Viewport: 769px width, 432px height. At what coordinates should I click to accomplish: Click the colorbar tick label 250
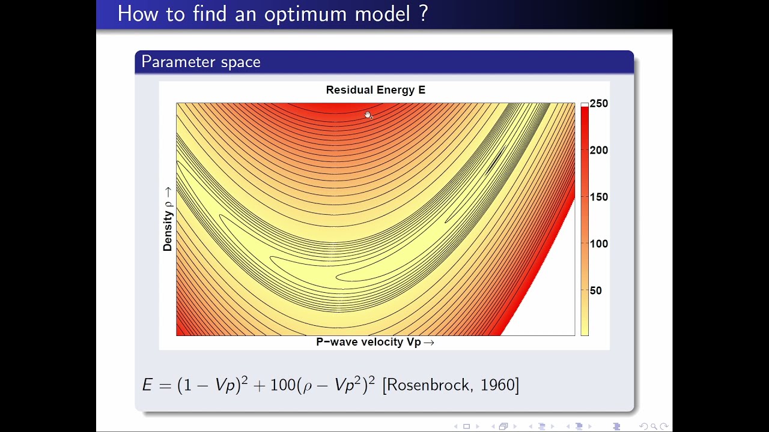[599, 104]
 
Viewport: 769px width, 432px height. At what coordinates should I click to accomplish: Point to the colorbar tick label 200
[599, 150]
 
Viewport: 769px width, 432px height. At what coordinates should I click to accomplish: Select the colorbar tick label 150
[599, 197]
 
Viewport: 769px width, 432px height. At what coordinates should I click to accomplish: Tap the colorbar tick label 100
[599, 244]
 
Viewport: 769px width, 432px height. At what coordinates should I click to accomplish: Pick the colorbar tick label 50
[595, 291]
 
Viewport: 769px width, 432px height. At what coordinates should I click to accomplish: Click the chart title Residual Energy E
[375, 90]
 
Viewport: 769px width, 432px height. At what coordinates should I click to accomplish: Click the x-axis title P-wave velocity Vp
[368, 342]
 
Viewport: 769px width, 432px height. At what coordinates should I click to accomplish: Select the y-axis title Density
[168, 231]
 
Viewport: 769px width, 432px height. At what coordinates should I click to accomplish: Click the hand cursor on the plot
[368, 115]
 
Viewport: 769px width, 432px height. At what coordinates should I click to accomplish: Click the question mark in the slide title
[424, 13]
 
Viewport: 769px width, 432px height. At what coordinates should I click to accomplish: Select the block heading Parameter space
[201, 62]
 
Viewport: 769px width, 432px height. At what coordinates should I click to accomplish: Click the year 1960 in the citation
[497, 385]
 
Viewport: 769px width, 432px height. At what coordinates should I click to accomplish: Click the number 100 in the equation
[283, 385]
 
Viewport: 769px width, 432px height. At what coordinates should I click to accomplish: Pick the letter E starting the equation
[147, 385]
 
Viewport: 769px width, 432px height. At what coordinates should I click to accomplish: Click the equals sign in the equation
[165, 386]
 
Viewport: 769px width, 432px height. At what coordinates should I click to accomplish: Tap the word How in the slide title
[138, 14]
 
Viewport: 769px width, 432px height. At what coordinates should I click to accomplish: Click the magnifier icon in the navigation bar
[654, 427]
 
